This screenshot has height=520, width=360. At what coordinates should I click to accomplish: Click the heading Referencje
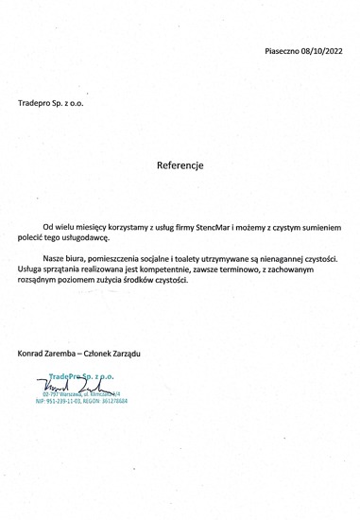(180, 164)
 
